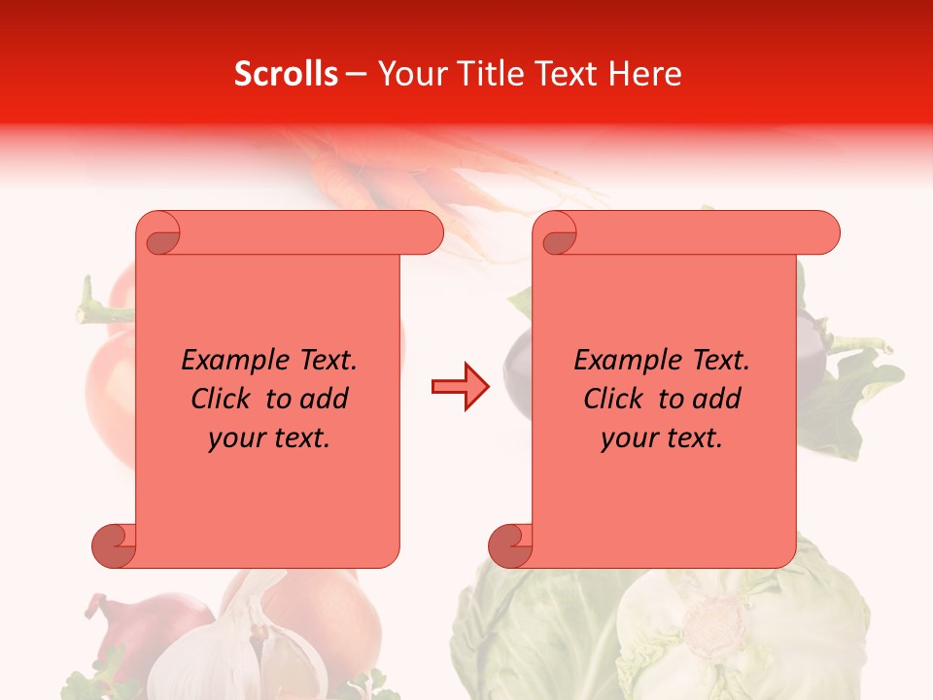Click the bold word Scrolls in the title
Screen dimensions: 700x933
point(286,74)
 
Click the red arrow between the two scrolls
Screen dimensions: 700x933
point(460,387)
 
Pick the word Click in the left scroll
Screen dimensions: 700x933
point(225,399)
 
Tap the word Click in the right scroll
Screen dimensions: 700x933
point(617,399)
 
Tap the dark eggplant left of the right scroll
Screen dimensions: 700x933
point(517,369)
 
